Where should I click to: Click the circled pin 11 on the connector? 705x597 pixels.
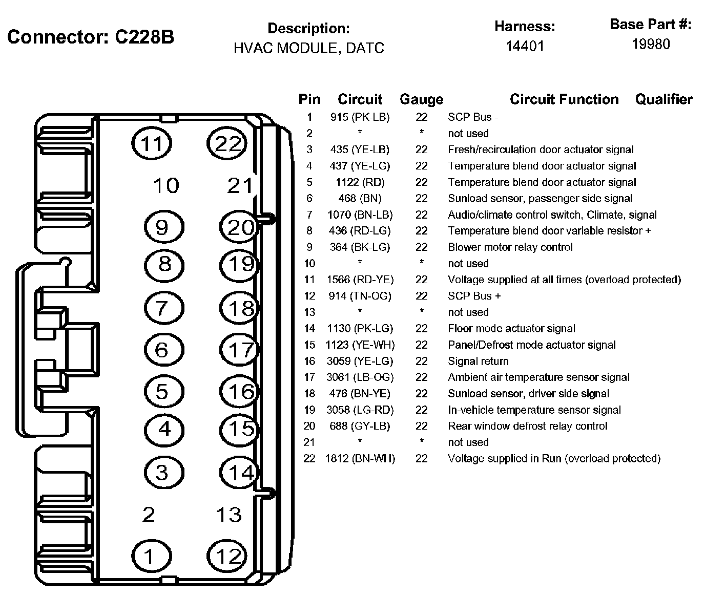[x=152, y=143]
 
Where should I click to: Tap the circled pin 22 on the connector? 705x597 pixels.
[x=227, y=143]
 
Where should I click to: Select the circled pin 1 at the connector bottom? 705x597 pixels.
[x=152, y=556]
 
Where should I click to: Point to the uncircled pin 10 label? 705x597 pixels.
[x=166, y=186]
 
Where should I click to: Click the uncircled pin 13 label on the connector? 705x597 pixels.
[x=229, y=515]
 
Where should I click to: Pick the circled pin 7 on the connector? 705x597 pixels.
[x=164, y=308]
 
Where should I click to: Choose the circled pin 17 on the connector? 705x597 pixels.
[x=239, y=350]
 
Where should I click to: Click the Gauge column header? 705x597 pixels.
[x=422, y=99]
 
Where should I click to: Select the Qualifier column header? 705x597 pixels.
[x=664, y=99]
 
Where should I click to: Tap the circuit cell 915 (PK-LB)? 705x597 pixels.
[x=360, y=117]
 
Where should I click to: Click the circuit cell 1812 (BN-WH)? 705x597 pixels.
[x=360, y=459]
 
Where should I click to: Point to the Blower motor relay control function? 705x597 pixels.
[x=510, y=247]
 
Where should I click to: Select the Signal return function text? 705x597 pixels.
[x=478, y=361]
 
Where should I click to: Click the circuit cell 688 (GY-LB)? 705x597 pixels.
[x=360, y=426]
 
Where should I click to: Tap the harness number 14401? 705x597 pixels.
[x=525, y=46]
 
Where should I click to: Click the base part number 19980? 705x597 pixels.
[x=651, y=45]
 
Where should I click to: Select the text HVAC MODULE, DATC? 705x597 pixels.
[x=308, y=48]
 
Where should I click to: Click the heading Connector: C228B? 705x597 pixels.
[x=91, y=37]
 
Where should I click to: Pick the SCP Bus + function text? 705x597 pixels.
[x=474, y=296]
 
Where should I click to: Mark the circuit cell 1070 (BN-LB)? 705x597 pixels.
[x=360, y=215]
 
